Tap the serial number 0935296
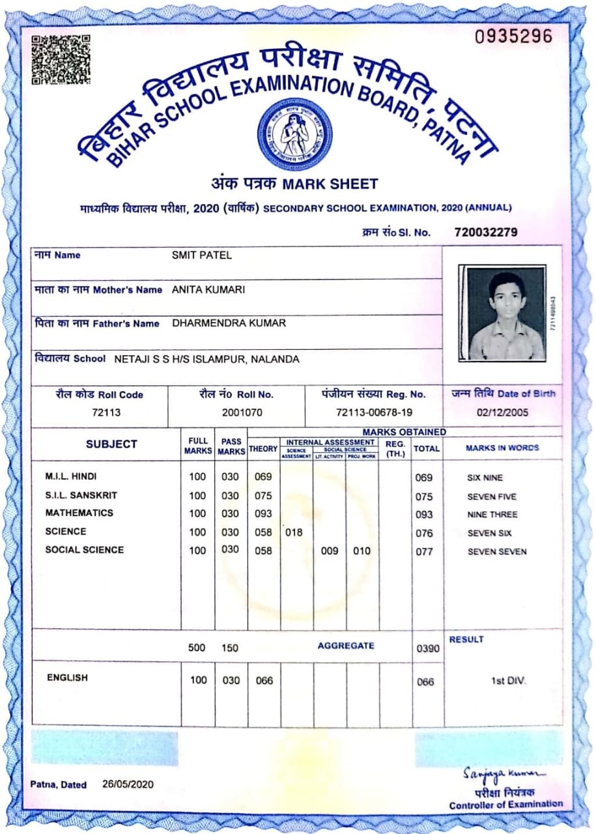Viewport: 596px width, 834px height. click(x=513, y=36)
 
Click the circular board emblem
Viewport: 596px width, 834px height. click(x=294, y=134)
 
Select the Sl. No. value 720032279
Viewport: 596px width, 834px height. click(x=485, y=232)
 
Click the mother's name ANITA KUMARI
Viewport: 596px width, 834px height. click(x=208, y=289)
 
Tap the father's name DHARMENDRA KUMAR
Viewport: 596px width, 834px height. click(x=229, y=323)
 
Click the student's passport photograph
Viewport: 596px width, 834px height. click(x=502, y=313)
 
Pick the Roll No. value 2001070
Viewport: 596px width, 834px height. click(x=236, y=412)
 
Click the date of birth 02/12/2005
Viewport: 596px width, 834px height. click(x=502, y=412)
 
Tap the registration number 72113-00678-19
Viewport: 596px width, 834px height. click(x=374, y=412)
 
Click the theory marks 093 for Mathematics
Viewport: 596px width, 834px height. click(x=263, y=514)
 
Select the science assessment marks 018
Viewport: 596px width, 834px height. click(x=294, y=532)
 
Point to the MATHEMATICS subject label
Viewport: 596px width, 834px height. click(x=79, y=513)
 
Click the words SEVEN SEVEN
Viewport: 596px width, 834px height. click(x=497, y=552)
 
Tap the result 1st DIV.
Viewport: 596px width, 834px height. click(x=508, y=681)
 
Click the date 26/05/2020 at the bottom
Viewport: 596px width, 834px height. click(x=128, y=784)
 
